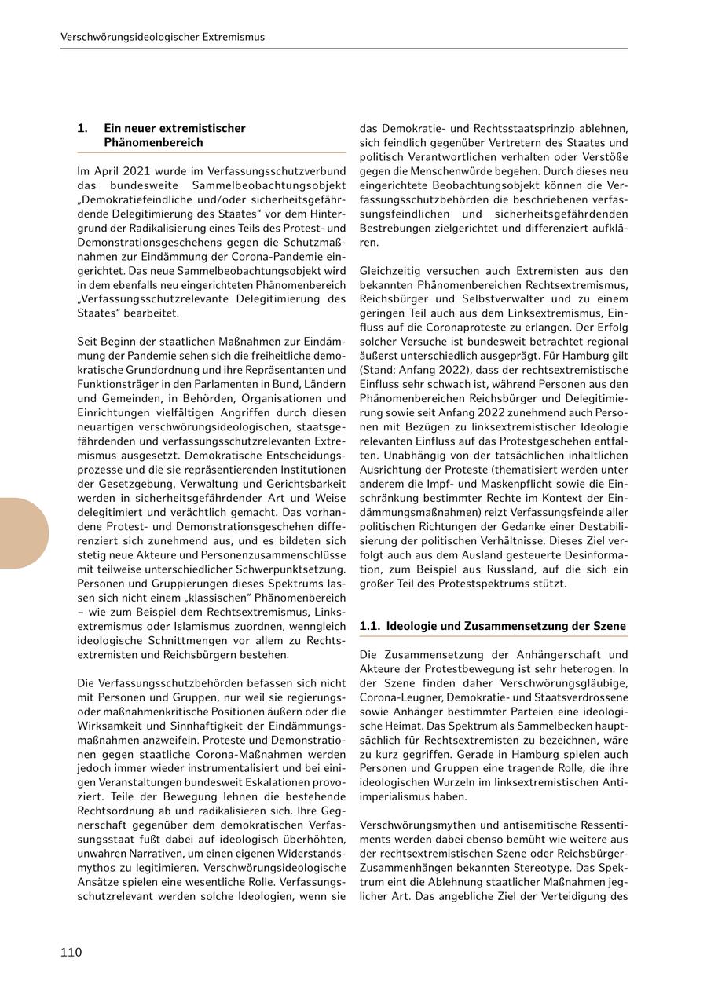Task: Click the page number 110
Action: click(x=71, y=953)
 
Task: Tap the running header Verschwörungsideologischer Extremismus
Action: click(x=163, y=37)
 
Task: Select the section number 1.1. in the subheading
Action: click(x=370, y=626)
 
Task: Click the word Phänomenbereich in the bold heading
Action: click(x=153, y=143)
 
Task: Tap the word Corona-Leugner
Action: click(x=398, y=697)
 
